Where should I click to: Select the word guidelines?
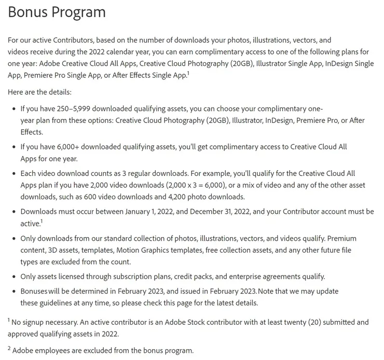coord(56,302)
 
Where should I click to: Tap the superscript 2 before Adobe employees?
coord(9,348)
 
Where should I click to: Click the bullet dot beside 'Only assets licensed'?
coord(13,276)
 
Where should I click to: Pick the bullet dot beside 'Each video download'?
coord(13,173)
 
